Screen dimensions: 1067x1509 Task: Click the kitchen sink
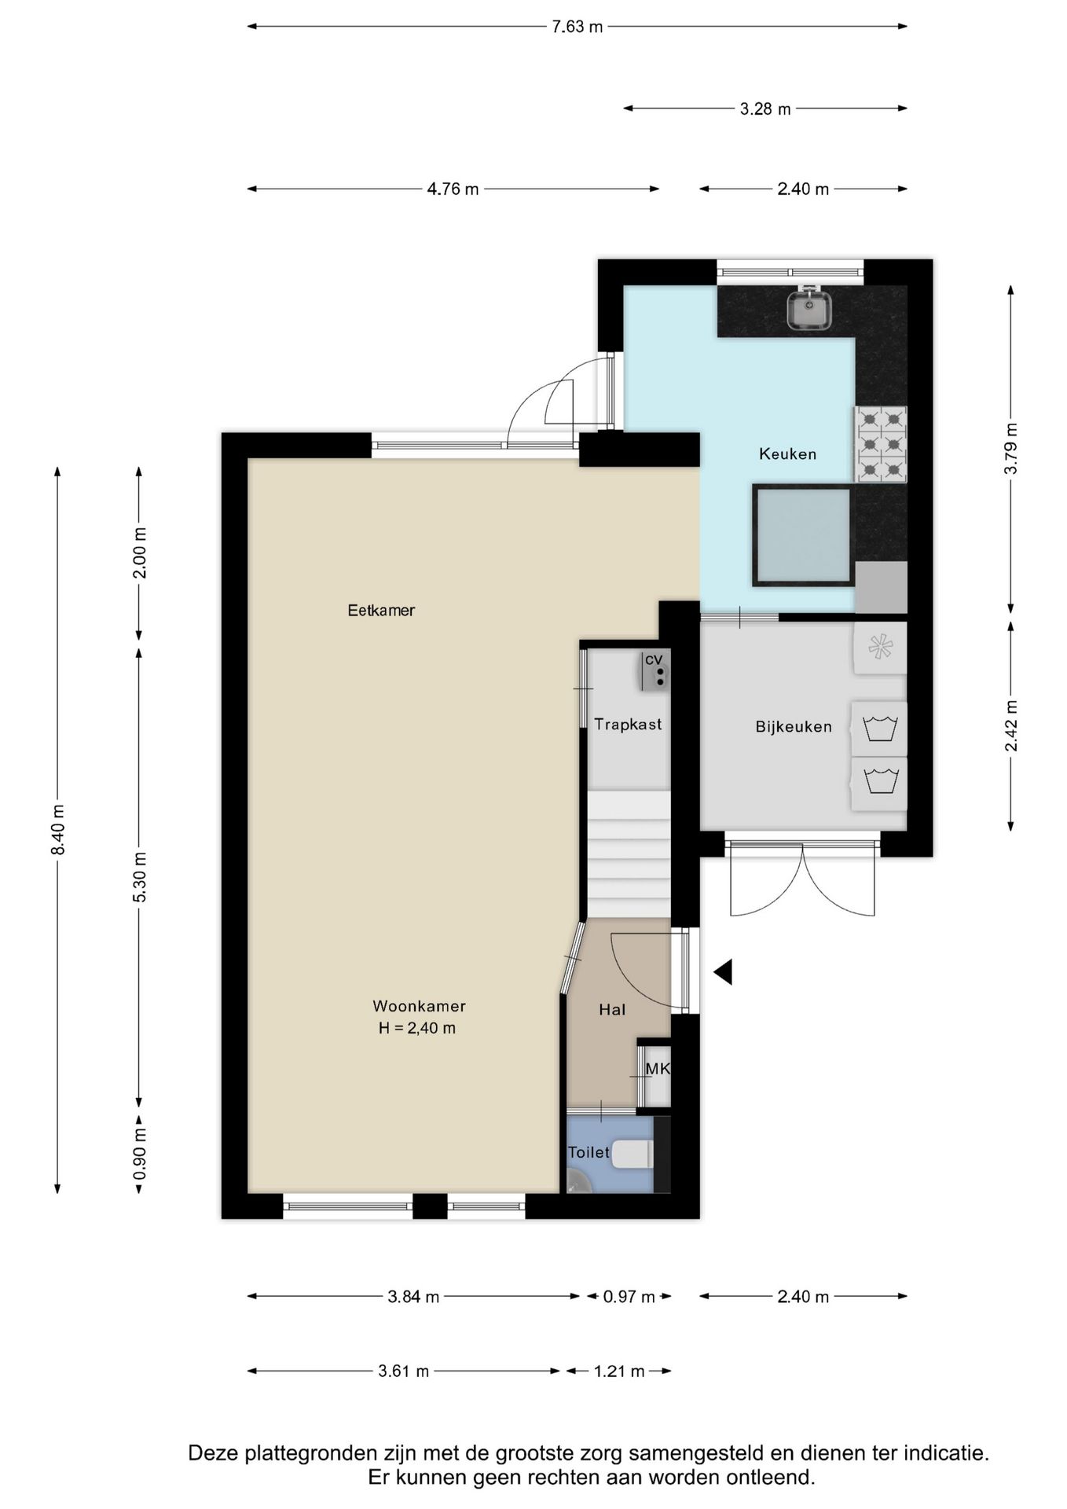[809, 309]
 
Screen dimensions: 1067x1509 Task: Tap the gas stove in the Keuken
[881, 443]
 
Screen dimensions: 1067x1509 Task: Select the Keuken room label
[787, 453]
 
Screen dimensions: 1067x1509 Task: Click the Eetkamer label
[381, 610]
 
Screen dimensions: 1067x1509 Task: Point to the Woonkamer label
[419, 1006]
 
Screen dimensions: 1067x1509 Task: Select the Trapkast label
[628, 724]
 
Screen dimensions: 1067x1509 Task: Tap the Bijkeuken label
[794, 727]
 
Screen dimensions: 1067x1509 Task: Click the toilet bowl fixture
[632, 1155]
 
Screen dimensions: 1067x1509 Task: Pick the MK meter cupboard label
[658, 1069]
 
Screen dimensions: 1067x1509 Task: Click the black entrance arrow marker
[723, 972]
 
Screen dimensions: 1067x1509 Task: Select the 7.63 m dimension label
[577, 27]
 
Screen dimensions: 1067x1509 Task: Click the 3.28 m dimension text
[765, 108]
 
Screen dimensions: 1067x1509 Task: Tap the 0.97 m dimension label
[629, 1297]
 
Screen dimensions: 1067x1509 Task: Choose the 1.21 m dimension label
[619, 1371]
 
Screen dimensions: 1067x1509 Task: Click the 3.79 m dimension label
[1011, 448]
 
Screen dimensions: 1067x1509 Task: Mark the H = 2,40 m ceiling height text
[417, 1028]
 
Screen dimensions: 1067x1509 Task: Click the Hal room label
[612, 1010]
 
